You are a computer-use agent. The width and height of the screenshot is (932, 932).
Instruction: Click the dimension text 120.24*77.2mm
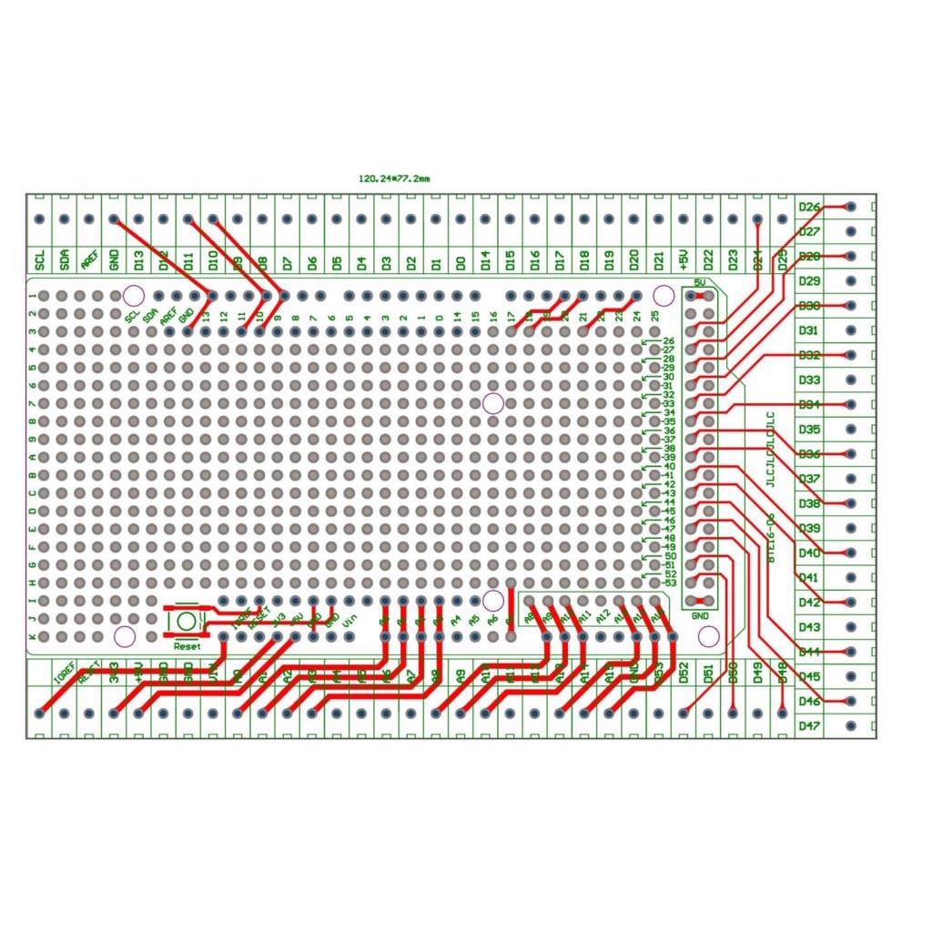point(394,179)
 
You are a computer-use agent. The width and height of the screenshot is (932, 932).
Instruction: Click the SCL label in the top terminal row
point(40,260)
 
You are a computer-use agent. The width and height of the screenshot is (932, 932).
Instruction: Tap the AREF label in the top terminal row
point(89,260)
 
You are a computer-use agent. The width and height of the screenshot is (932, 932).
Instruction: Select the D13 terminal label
point(138,260)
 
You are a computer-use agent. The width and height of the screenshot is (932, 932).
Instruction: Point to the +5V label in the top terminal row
point(684,260)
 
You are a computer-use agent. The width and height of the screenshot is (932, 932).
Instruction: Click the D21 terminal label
point(659,260)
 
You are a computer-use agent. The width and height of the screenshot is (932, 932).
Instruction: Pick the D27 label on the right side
point(810,232)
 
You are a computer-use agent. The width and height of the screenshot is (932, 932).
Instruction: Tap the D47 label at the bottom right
point(810,725)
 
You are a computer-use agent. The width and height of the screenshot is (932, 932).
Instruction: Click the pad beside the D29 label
point(850,281)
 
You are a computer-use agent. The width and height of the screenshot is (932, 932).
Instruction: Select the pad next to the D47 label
point(850,725)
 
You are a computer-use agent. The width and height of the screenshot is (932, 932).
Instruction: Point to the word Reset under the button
point(187,645)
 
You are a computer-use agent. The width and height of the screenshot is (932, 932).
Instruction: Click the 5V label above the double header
point(700,283)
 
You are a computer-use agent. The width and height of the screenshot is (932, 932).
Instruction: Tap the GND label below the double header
point(700,616)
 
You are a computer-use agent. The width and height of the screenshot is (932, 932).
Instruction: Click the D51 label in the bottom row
point(709,674)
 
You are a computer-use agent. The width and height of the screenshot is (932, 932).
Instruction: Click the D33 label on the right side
point(810,380)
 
